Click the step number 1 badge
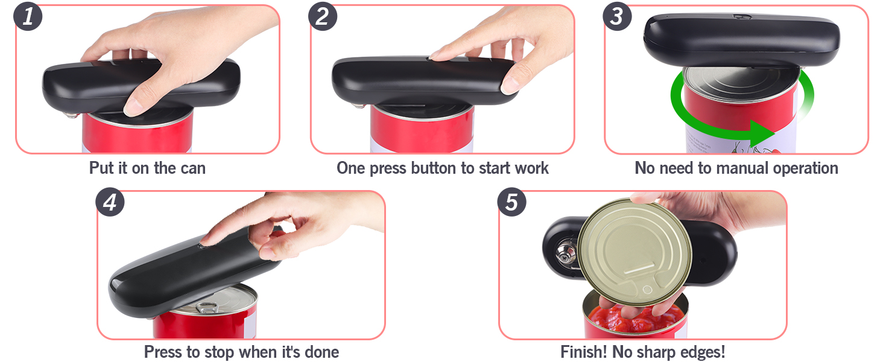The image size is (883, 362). [28, 16]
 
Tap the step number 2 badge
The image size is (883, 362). [322, 16]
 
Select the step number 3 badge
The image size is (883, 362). [616, 16]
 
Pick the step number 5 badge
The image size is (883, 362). [511, 202]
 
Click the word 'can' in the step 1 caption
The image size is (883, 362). [192, 168]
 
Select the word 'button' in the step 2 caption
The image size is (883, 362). [434, 168]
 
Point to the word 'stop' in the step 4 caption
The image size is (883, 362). [219, 351]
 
